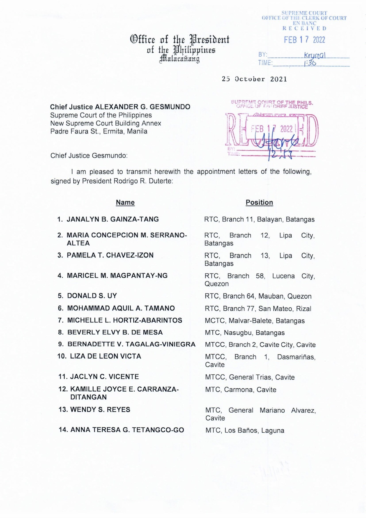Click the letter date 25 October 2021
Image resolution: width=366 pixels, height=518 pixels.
[x=254, y=79]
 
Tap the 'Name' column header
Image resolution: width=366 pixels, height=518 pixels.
[x=125, y=202]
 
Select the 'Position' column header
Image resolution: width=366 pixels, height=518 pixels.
[x=259, y=202]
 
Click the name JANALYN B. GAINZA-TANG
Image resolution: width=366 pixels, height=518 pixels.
[x=113, y=219]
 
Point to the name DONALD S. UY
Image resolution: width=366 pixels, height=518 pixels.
[x=92, y=296]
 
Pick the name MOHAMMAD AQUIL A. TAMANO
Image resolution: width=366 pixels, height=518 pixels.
[x=121, y=308]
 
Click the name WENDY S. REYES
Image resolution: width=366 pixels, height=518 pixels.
[x=100, y=410]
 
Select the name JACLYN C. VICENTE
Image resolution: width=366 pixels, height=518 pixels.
[x=104, y=377]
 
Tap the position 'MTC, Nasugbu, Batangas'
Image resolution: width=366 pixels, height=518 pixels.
[x=245, y=333]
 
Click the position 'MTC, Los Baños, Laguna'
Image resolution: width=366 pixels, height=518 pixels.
[x=245, y=430]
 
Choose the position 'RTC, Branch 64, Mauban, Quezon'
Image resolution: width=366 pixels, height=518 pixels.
[x=258, y=296]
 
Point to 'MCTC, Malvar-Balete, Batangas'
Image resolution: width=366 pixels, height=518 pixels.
[x=255, y=320]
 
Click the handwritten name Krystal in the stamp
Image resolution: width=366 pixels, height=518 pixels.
[x=315, y=55]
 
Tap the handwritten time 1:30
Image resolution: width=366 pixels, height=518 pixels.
[x=310, y=63]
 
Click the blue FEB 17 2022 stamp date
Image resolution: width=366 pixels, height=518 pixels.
[x=304, y=40]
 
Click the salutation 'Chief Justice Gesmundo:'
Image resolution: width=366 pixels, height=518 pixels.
[x=89, y=156]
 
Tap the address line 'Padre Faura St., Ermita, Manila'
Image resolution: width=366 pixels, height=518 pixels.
[x=99, y=131]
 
